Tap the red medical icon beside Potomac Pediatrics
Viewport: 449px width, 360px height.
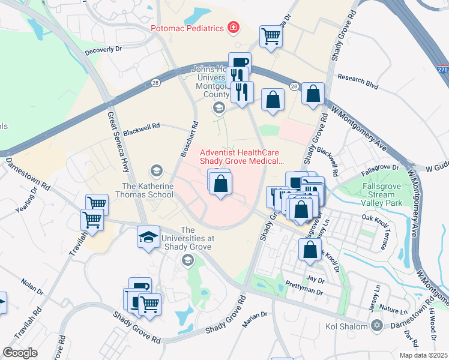click(x=232, y=28)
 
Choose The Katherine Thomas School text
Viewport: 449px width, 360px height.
click(x=148, y=191)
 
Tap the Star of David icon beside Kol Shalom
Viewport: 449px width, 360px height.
click(x=377, y=326)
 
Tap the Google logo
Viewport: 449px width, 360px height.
click(x=20, y=353)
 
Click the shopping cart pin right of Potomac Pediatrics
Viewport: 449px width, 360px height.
click(x=271, y=37)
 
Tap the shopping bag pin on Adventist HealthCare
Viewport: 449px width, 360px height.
click(x=220, y=182)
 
